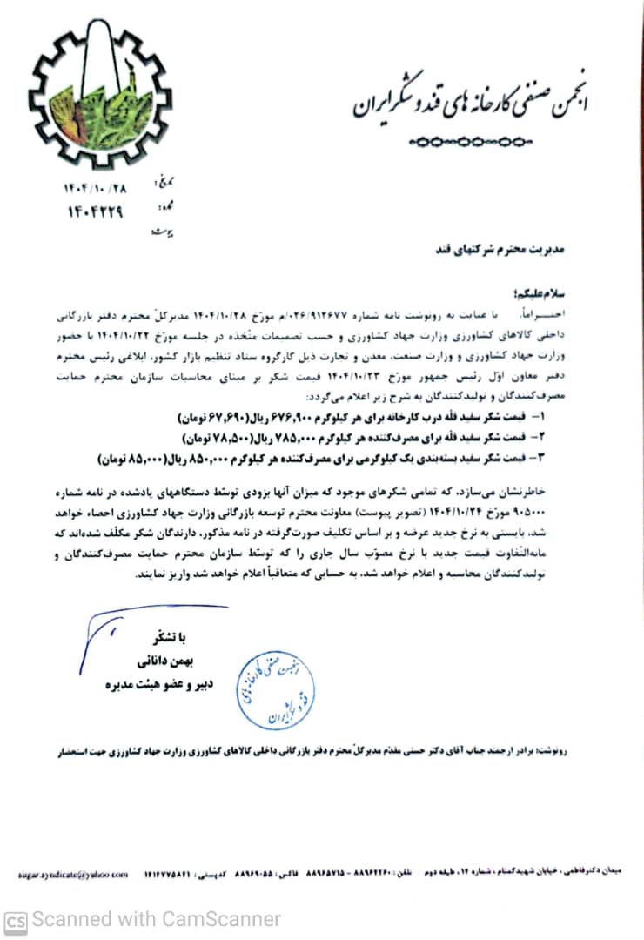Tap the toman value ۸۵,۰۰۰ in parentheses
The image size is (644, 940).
pos(131,455)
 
